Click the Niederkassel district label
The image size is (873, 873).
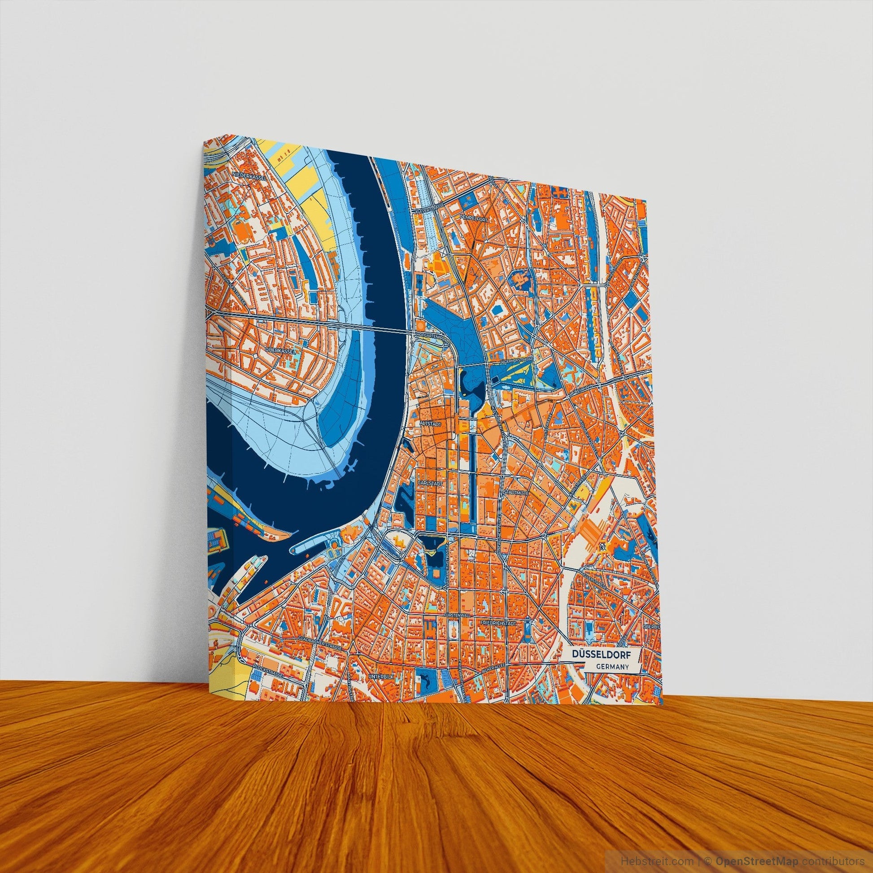[x=249, y=174]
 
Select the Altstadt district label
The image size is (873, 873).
[x=430, y=424]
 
